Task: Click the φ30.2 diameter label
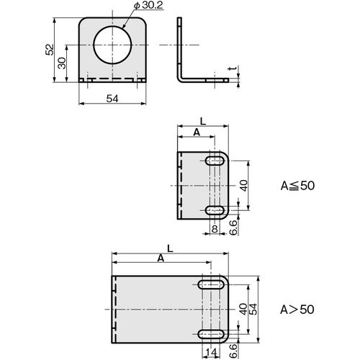[x=148, y=6]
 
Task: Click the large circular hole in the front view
[x=112, y=45]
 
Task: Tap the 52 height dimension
[x=50, y=50]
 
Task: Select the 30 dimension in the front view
[x=62, y=63]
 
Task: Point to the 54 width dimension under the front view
[x=112, y=99]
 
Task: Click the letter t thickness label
[x=232, y=68]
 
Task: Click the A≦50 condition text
[x=297, y=186]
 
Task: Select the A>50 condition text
[x=297, y=310]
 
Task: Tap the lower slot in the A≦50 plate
[x=215, y=210]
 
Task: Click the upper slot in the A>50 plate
[x=211, y=284]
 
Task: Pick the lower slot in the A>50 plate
[x=211, y=334]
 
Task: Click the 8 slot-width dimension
[x=215, y=229]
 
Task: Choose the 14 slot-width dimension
[x=211, y=353]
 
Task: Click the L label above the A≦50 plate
[x=203, y=122]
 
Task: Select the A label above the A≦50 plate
[x=197, y=132]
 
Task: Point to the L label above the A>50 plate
[x=170, y=248]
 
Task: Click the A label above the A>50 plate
[x=161, y=258]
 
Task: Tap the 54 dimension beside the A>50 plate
[x=253, y=309]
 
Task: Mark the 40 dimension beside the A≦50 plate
[x=244, y=186]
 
